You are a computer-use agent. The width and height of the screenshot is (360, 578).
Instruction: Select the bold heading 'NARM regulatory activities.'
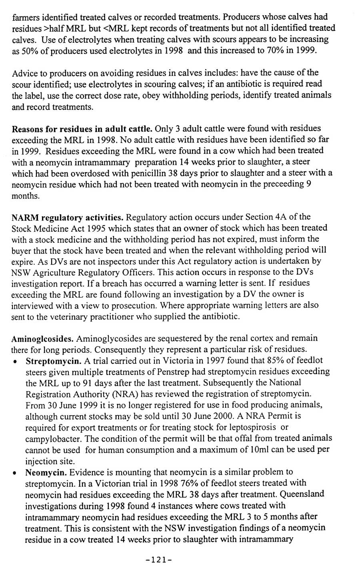68,217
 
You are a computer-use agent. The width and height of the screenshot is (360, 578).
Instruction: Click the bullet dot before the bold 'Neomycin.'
15,472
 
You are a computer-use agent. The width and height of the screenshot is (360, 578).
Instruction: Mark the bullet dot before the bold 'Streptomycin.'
15,361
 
